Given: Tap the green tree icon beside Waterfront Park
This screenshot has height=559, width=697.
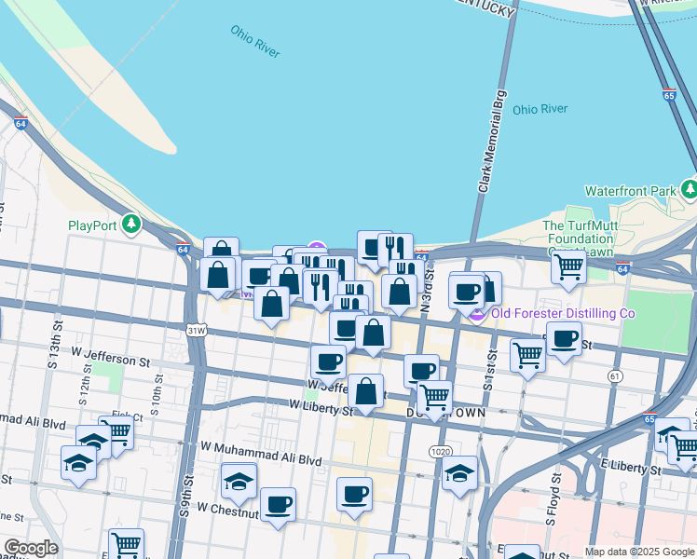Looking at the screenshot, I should tap(690, 190).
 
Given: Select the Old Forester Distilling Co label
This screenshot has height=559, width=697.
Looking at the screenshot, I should tap(563, 313).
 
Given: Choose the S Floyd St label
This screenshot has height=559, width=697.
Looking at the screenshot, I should tap(551, 498).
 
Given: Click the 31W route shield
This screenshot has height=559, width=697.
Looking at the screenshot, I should tap(195, 330).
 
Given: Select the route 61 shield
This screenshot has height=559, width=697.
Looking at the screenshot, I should tap(614, 375).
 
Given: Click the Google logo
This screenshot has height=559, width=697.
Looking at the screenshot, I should tap(30, 548).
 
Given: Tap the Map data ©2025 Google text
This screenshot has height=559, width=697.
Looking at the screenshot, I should tap(639, 552).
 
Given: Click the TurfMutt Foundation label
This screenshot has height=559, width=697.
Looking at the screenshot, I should tap(579, 239).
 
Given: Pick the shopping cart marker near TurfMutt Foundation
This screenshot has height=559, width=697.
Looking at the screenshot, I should tap(567, 267).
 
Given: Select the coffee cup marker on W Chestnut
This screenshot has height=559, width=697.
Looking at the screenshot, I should tap(278, 506).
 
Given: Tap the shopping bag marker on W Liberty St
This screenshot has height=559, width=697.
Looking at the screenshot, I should tap(367, 392).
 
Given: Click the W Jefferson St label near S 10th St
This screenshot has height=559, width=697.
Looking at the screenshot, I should tap(110, 358).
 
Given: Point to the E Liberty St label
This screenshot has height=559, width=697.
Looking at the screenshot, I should tap(629, 464).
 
